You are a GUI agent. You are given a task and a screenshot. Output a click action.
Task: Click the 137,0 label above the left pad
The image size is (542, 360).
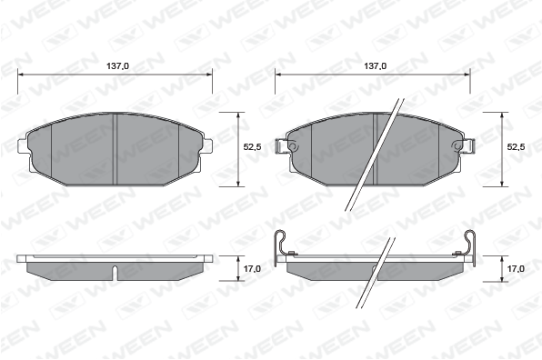click(x=117, y=65)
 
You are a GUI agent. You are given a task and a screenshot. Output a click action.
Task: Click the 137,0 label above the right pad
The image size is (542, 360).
click(x=375, y=65)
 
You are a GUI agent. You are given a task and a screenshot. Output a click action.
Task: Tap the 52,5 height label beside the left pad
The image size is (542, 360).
click(x=252, y=147)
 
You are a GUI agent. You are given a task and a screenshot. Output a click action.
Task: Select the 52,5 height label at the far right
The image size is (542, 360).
click(x=516, y=147)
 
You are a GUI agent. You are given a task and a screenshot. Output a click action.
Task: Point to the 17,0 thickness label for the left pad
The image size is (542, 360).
click(x=252, y=268)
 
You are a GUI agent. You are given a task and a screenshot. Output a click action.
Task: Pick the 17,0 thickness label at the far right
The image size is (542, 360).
click(x=516, y=268)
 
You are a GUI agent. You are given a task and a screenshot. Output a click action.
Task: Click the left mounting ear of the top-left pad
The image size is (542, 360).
click(x=22, y=145)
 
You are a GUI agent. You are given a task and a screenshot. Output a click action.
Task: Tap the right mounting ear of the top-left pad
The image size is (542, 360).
click(x=207, y=145)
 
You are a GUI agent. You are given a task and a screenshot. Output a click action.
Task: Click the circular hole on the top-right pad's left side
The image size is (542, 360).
click(x=293, y=146)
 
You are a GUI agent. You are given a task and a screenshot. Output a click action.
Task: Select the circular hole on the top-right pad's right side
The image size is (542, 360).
click(x=458, y=146)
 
